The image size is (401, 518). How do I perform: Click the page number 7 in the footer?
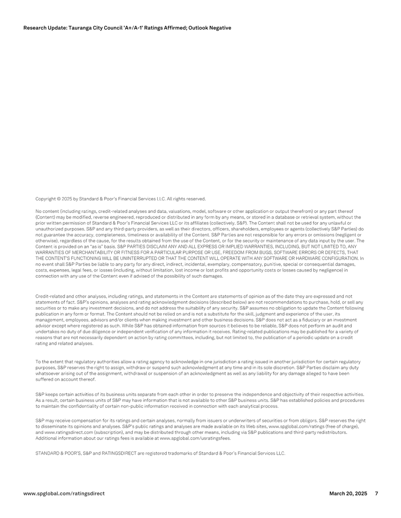point(377,494)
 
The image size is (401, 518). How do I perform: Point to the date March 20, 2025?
point(348,494)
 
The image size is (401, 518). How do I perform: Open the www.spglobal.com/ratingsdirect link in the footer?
point(64,494)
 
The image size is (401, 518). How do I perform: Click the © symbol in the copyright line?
point(59,199)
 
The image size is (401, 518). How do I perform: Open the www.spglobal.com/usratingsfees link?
point(195,438)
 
